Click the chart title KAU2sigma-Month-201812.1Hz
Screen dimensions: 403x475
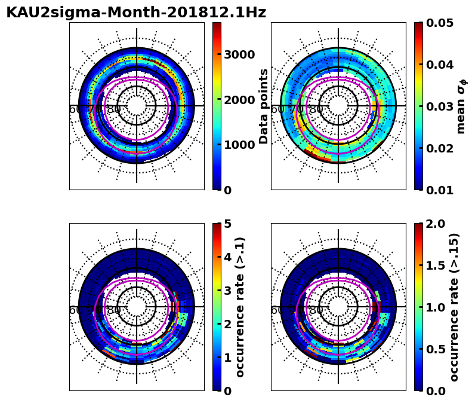(x=136, y=13)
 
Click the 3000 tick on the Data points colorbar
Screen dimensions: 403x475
(x=239, y=54)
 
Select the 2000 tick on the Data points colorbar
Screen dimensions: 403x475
(x=239, y=100)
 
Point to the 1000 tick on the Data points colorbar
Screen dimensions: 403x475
(x=239, y=145)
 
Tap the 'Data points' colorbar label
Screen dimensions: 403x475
(x=264, y=106)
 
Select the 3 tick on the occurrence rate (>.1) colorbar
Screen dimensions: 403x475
(x=227, y=291)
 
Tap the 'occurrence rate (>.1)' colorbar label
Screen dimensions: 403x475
(x=240, y=307)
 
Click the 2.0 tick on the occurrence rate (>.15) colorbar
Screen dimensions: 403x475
(x=435, y=224)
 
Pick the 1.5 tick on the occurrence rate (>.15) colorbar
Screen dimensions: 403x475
(x=435, y=265)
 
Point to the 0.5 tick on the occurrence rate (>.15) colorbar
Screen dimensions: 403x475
(x=435, y=349)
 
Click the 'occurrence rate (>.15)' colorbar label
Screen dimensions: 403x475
(x=454, y=307)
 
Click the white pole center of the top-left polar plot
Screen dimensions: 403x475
(x=137, y=106)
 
